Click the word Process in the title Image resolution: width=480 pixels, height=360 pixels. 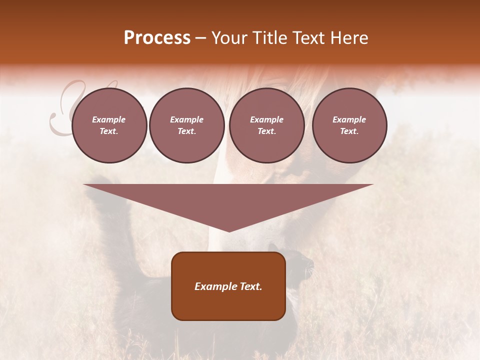(157, 38)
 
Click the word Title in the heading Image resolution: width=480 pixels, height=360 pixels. (269, 38)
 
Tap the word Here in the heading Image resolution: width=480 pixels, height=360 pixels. (346, 38)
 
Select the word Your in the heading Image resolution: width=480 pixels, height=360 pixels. (229, 38)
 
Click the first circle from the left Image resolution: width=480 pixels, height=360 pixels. (109, 125)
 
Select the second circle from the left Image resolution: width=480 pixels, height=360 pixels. (187, 125)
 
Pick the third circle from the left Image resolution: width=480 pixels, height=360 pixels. (267, 125)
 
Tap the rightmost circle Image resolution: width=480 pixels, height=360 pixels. (349, 125)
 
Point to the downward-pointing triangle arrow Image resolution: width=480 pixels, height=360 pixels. (228, 200)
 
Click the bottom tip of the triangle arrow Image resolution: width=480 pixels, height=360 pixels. (229, 230)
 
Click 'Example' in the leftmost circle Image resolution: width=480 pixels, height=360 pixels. (109, 119)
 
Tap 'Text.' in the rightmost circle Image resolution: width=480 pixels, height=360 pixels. (349, 131)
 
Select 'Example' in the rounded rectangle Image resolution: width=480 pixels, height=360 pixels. (215, 286)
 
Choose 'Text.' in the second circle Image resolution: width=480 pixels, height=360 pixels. (187, 131)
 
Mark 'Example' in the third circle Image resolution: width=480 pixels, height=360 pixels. (267, 119)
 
